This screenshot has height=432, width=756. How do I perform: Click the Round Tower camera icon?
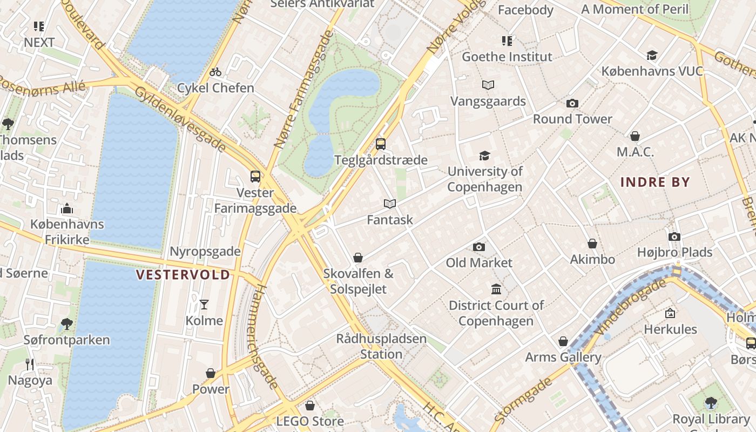click(572, 103)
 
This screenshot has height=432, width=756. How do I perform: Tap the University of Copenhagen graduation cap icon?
click(484, 156)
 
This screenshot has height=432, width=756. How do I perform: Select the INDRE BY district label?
click(656, 182)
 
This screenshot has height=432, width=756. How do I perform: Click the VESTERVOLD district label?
click(183, 275)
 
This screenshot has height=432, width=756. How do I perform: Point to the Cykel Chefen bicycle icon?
click(215, 72)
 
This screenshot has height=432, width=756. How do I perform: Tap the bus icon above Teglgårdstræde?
click(381, 144)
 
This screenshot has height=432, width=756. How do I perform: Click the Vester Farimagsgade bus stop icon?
click(255, 177)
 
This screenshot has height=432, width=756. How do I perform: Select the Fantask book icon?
click(390, 204)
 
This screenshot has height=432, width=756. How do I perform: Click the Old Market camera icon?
click(478, 247)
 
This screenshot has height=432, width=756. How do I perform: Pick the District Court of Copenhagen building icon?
click(496, 289)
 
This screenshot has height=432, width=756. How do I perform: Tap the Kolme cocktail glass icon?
click(204, 305)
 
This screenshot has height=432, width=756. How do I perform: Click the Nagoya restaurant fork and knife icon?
click(30, 364)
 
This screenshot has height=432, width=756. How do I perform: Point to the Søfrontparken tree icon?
click(67, 324)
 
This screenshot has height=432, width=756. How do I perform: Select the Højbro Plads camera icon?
click(674, 237)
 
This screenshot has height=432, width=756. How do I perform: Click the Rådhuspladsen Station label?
click(381, 347)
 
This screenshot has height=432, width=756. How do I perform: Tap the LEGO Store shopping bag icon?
click(310, 406)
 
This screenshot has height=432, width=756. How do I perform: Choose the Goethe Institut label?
click(507, 57)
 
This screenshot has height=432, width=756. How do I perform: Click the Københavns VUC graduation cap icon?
click(652, 55)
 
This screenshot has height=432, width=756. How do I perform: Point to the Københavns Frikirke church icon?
click(67, 208)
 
